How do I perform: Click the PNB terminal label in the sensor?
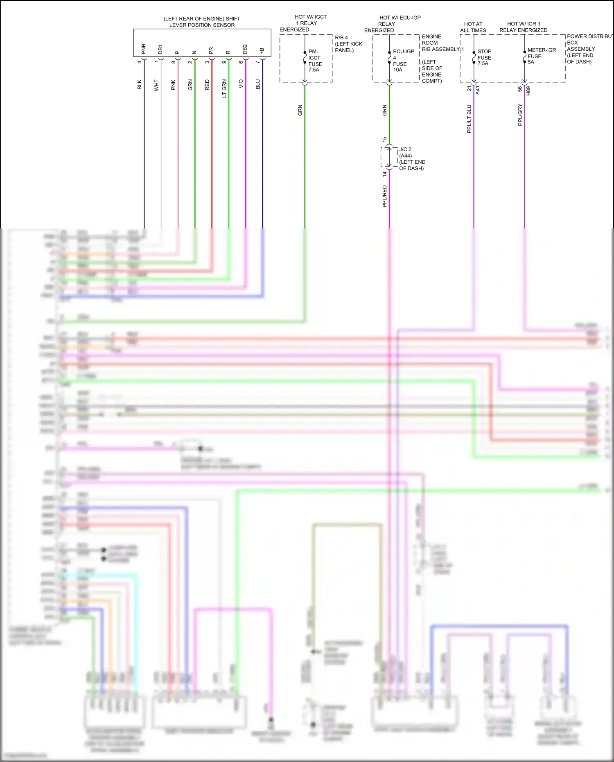pyautogui.click(x=143, y=49)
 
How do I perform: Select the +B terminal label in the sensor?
pyautogui.click(x=262, y=51)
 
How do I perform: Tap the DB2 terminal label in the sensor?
pyautogui.click(x=245, y=49)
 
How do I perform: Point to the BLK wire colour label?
pyautogui.click(x=140, y=84)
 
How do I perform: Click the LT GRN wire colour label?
pyautogui.click(x=224, y=88)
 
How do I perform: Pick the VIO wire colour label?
pyautogui.click(x=241, y=84)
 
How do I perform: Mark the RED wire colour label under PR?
pyautogui.click(x=207, y=85)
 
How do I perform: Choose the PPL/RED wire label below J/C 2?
pyautogui.click(x=385, y=196)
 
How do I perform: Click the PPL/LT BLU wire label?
pyautogui.click(x=470, y=119)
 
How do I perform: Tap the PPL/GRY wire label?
pyautogui.click(x=520, y=115)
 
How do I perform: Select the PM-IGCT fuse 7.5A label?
pyautogui.click(x=315, y=61)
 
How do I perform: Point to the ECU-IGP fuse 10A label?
pyautogui.click(x=403, y=61)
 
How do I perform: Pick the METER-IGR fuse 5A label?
pyautogui.click(x=541, y=56)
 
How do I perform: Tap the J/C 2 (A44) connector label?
pyautogui.click(x=411, y=159)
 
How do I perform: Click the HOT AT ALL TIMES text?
pyautogui.click(x=473, y=27)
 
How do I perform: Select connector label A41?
pyautogui.click(x=478, y=90)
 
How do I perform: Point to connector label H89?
pyautogui.click(x=528, y=90)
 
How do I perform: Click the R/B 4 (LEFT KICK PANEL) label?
pyautogui.click(x=348, y=44)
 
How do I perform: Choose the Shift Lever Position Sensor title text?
pyautogui.click(x=202, y=22)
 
